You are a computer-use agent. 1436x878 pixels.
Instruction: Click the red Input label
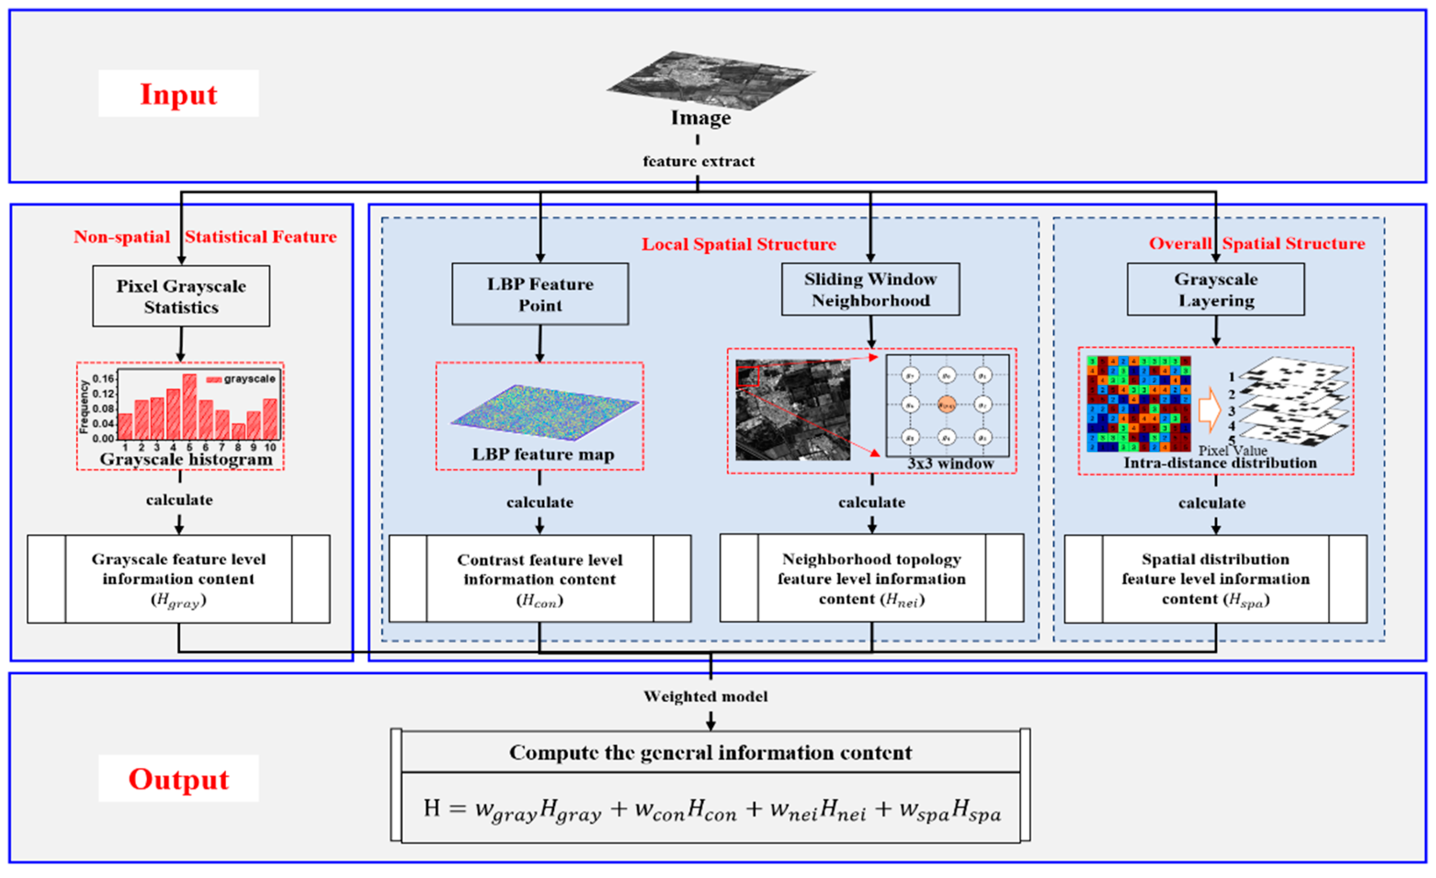(178, 94)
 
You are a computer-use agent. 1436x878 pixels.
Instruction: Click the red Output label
(178, 779)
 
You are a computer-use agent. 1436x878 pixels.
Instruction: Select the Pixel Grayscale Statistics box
(181, 296)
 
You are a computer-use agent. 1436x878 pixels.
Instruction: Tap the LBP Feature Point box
(540, 294)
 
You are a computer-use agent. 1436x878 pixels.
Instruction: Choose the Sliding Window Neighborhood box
(871, 290)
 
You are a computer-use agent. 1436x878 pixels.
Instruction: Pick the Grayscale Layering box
(1216, 290)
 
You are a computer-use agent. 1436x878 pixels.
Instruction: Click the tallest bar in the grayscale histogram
(189, 406)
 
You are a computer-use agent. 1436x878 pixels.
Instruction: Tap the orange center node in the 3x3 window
(947, 404)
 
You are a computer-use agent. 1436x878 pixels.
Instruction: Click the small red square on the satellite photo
(748, 376)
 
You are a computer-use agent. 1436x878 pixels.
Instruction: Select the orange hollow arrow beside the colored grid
(1209, 410)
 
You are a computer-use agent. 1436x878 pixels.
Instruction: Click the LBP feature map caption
(543, 454)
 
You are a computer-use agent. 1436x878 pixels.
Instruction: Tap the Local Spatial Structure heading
(738, 244)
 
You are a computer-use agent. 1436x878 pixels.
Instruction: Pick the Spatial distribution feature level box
(1216, 579)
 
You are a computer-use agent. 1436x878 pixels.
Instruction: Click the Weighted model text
(705, 696)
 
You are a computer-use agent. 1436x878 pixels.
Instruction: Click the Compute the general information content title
(710, 752)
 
